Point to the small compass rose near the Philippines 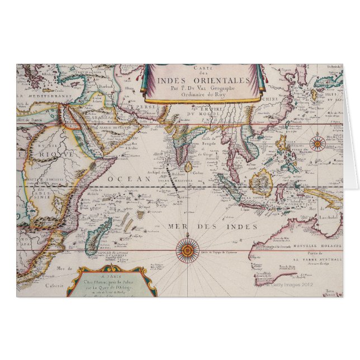tap(318, 143)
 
